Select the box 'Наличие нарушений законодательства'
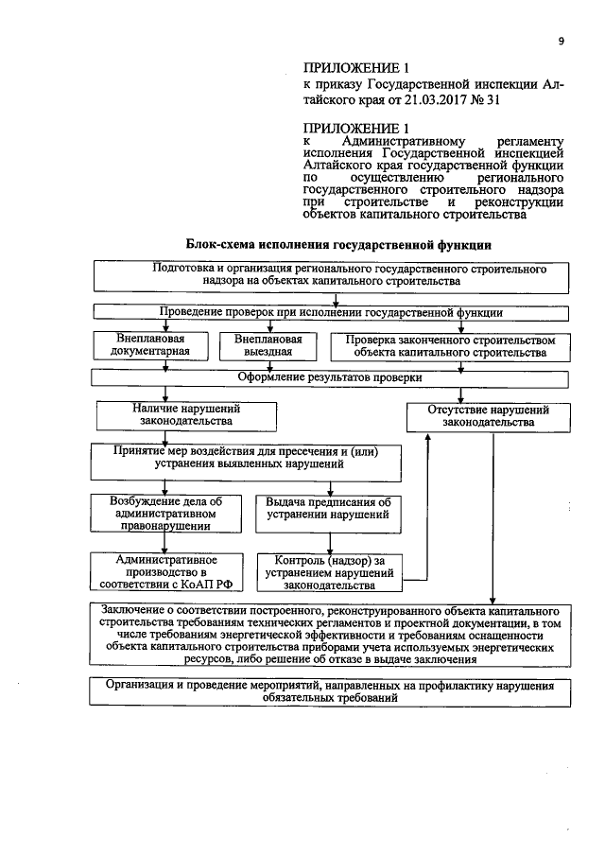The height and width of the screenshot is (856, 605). (x=166, y=414)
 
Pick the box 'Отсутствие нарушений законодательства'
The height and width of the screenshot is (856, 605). (x=489, y=416)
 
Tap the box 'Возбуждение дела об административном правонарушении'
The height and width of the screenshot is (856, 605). (x=160, y=512)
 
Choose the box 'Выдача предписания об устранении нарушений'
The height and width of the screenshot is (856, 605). (x=328, y=509)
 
